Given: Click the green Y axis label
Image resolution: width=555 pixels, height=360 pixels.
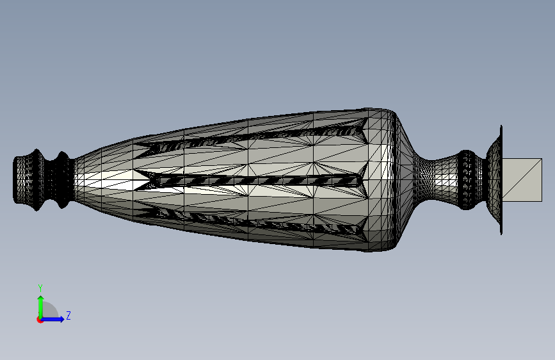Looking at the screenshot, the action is click(x=40, y=288).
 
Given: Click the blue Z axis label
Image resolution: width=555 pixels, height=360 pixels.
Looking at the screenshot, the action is click(x=68, y=315).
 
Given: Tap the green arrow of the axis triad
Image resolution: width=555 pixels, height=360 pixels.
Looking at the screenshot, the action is click(x=41, y=307).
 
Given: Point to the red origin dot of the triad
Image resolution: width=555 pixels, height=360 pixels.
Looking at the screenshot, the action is click(x=40, y=320).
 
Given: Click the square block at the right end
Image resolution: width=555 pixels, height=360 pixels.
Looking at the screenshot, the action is click(x=522, y=180).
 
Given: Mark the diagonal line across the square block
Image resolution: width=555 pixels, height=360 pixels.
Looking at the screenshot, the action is click(x=522, y=180).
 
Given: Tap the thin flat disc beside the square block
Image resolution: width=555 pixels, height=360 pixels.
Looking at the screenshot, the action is click(x=501, y=179).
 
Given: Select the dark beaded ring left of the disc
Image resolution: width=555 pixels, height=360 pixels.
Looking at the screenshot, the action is click(x=467, y=179).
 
